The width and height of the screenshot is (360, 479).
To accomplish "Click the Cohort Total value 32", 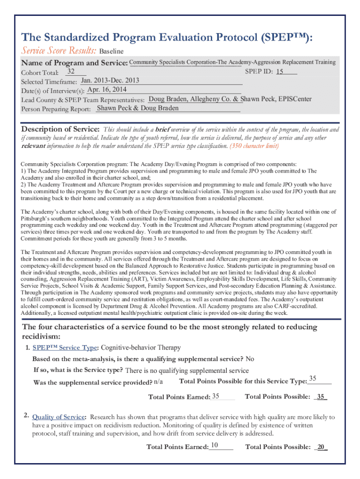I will [72, 72].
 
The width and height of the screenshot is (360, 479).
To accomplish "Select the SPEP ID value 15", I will [280, 72].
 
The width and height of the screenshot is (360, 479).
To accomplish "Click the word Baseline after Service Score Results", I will [111, 51].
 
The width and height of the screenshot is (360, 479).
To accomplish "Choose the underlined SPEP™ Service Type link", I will [65, 348].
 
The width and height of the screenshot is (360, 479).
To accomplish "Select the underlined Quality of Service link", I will [59, 417].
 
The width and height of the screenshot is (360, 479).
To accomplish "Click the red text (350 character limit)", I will [254, 145].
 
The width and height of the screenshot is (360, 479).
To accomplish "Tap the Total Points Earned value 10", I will [215, 445].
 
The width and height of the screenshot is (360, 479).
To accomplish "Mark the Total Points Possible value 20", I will [321, 447].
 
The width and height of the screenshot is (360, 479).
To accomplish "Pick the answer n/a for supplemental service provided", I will [158, 382].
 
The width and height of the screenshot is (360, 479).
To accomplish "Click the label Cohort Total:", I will [40, 73].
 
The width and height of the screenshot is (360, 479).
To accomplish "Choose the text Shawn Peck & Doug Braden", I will [137, 108].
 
